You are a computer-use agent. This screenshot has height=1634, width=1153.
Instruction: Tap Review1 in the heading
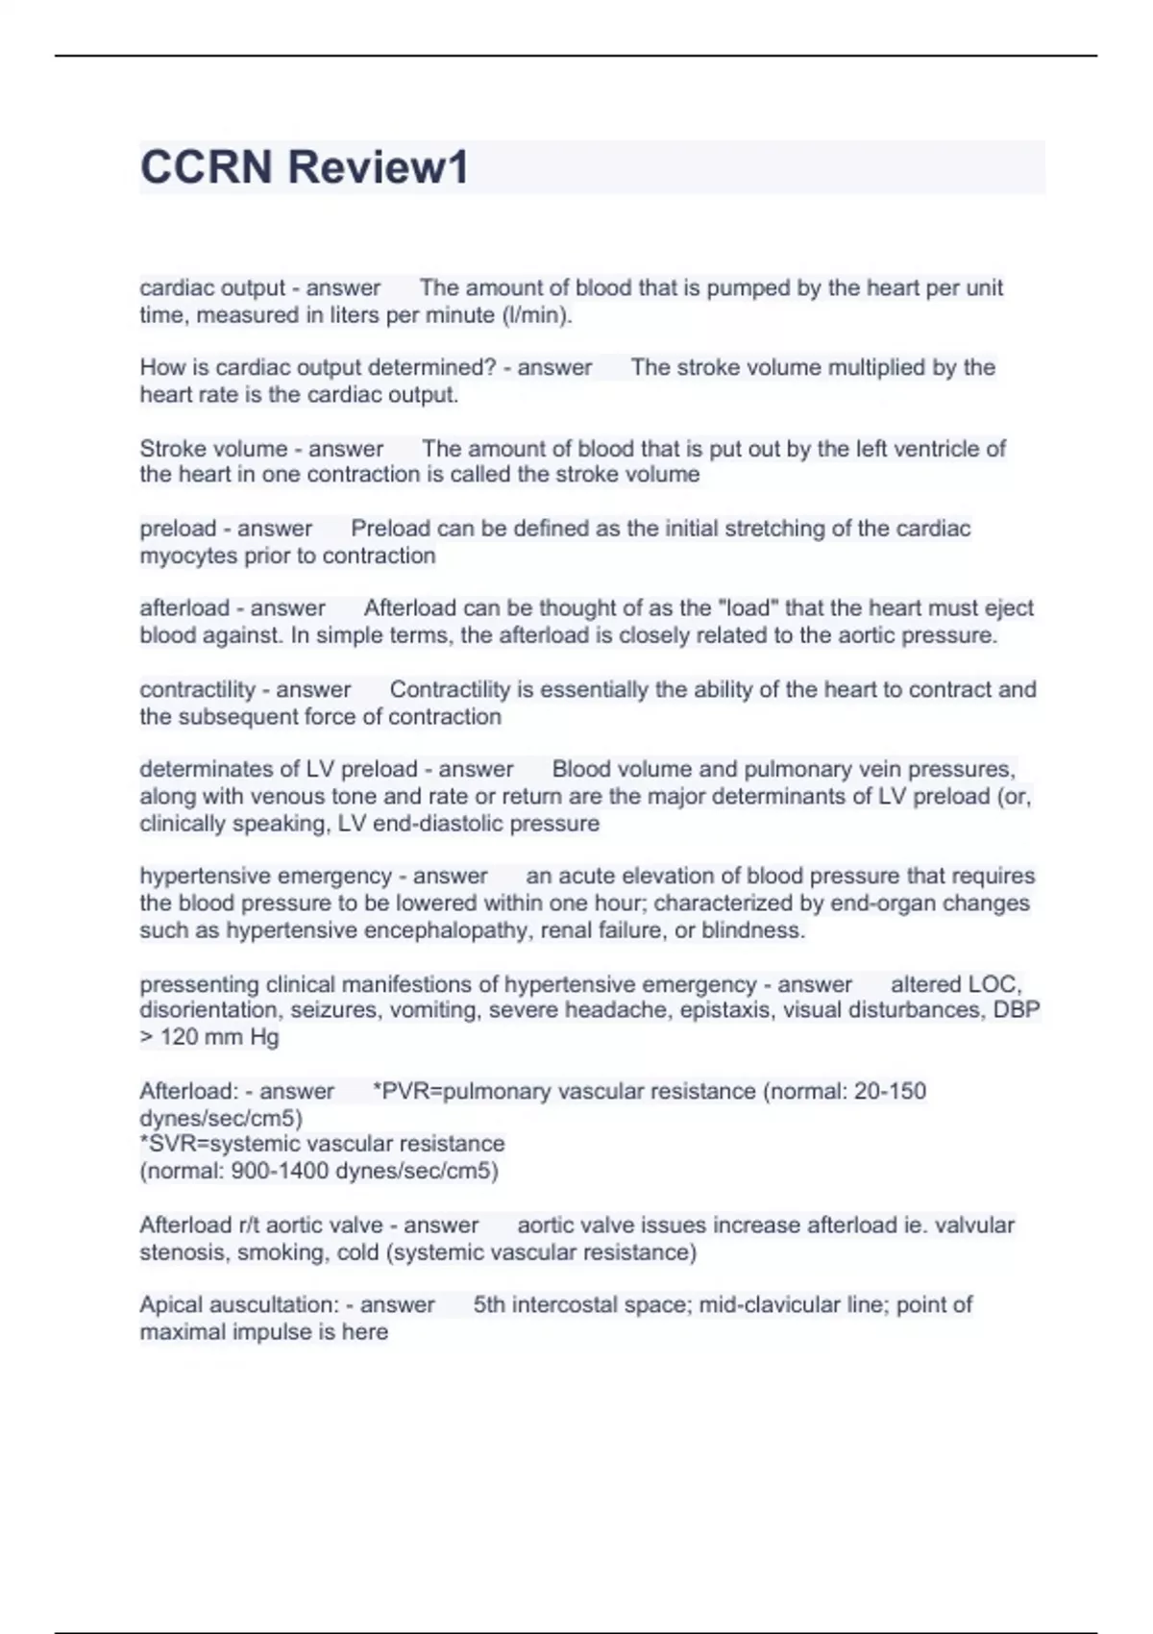pyautogui.click(x=379, y=167)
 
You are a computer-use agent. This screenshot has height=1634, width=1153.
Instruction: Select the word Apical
pyautogui.click(x=169, y=1304)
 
